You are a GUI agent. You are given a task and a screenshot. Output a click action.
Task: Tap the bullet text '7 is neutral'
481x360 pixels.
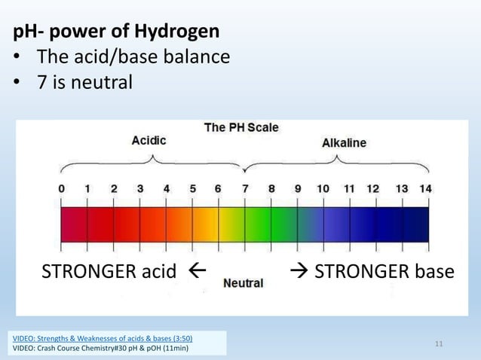84,81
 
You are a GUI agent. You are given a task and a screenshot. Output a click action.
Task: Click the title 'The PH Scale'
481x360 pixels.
241,127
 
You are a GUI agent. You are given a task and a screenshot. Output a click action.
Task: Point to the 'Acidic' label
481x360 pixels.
149,140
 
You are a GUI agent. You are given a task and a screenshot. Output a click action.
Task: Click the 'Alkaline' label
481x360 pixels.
344,142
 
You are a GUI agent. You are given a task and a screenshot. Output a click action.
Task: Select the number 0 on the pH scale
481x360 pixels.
61,188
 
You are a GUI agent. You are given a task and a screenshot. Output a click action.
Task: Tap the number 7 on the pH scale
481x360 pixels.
244,188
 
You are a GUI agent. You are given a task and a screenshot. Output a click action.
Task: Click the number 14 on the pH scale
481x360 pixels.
425,188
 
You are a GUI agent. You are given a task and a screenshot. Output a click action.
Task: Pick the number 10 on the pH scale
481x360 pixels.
322,188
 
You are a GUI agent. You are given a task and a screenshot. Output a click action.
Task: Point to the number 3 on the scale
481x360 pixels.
140,188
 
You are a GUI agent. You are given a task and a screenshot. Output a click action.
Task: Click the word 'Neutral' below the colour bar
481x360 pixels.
243,283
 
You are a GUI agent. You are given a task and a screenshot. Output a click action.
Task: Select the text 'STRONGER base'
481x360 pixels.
383,271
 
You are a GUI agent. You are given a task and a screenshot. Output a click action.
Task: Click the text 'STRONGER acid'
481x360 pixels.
109,271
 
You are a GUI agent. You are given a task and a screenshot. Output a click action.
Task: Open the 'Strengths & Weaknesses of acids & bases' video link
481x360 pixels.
103,339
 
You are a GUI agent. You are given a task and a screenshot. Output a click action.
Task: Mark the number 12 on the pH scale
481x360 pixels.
372,188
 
